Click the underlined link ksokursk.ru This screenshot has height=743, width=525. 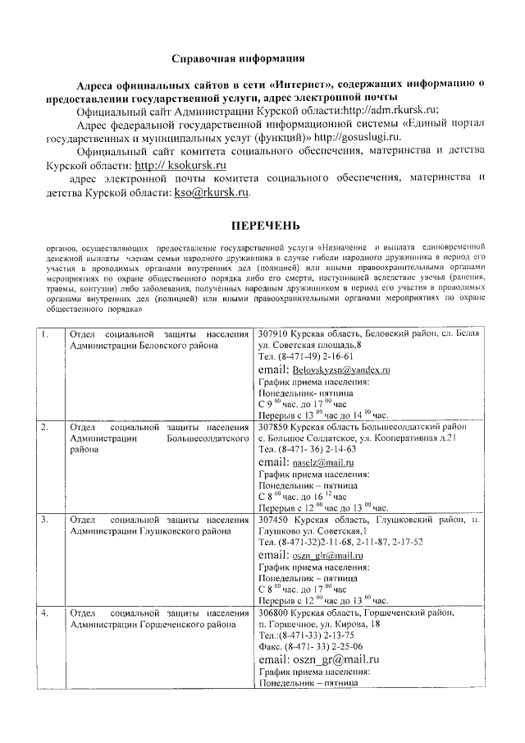[179, 164]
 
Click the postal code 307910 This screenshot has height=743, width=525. [274, 335]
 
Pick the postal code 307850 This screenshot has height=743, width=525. [274, 428]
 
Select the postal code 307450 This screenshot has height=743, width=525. [274, 521]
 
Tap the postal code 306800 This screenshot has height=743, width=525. [274, 613]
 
